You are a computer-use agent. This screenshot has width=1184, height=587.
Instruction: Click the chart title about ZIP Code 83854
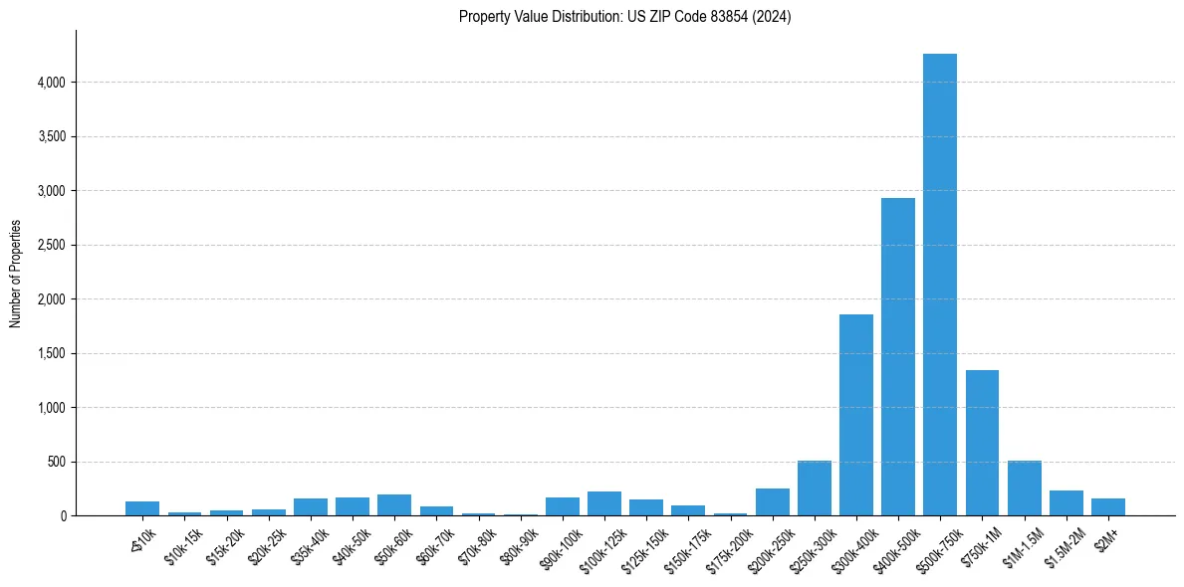pos(624,17)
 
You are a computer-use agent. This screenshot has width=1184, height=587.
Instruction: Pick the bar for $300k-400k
pos(855,415)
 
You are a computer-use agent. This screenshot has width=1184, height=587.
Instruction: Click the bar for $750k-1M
pos(982,443)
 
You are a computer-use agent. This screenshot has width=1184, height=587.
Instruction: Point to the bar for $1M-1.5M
pos(1024,489)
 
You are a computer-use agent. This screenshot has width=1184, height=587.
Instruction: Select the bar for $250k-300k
pos(814,489)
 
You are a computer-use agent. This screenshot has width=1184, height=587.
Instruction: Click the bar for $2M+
pos(1107,507)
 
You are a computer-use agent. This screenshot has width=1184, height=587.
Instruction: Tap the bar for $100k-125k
pos(603,503)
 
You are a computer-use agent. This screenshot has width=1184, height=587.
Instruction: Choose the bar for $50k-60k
pos(393,505)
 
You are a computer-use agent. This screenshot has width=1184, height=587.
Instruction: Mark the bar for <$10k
pos(142,508)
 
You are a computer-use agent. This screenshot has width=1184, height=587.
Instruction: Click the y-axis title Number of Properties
pos(16,274)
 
